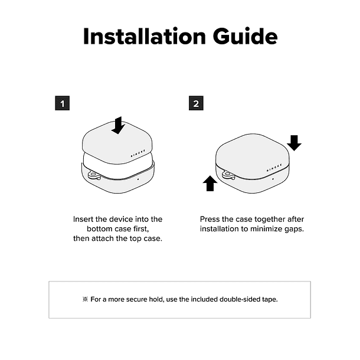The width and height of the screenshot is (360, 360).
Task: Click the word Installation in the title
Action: pyautogui.click(x=145, y=36)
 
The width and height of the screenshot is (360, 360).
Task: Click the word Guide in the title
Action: pyautogui.click(x=245, y=36)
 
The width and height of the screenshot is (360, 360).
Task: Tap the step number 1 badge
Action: pyautogui.click(x=62, y=103)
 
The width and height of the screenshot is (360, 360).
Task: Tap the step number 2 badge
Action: pyautogui.click(x=196, y=103)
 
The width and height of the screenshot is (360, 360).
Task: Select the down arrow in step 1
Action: pyautogui.click(x=118, y=125)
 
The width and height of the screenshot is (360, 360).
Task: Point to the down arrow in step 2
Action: pyautogui.click(x=294, y=143)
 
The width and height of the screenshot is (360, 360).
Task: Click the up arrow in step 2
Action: pyautogui.click(x=210, y=184)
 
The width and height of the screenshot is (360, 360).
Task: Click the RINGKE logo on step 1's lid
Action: pyautogui.click(x=138, y=153)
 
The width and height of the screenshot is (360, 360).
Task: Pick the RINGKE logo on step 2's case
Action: pyautogui.click(x=274, y=168)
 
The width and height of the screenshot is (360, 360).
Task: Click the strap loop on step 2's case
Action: pyautogui.click(x=228, y=175)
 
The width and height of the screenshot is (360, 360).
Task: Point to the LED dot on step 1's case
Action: pyautogui.click(x=138, y=179)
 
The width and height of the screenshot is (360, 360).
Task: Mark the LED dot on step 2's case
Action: pyautogui.click(x=273, y=179)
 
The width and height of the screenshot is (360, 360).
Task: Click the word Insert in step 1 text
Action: pyautogui.click(x=83, y=220)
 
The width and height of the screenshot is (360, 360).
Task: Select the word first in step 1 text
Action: pyautogui.click(x=141, y=229)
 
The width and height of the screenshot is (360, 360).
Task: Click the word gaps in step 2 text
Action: pyautogui.click(x=294, y=230)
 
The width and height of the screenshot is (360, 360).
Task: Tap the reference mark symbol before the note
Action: pyautogui.click(x=85, y=299)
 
